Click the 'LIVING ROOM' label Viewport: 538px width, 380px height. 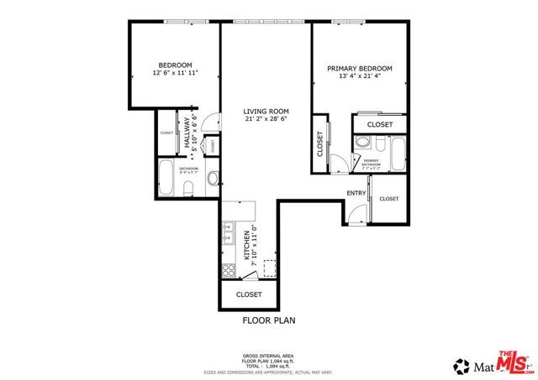pyautogui.click(x=266, y=111)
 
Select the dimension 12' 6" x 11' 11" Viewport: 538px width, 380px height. pyautogui.click(x=175, y=73)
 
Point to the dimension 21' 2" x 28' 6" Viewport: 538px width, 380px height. pyautogui.click(x=266, y=119)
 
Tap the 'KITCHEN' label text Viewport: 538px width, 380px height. pyautogui.click(x=246, y=245)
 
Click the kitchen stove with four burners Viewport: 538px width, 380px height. pyautogui.click(x=228, y=270)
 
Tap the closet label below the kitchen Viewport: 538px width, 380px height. pyautogui.click(x=249, y=294)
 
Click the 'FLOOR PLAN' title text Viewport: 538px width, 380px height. pyautogui.click(x=268, y=320)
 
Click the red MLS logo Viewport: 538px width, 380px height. pyautogui.click(x=511, y=362)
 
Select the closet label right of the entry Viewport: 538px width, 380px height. pyautogui.click(x=388, y=199)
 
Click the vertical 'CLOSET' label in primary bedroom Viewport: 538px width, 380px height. pyautogui.click(x=320, y=145)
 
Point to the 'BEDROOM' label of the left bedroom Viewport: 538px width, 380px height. pyautogui.click(x=175, y=65)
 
